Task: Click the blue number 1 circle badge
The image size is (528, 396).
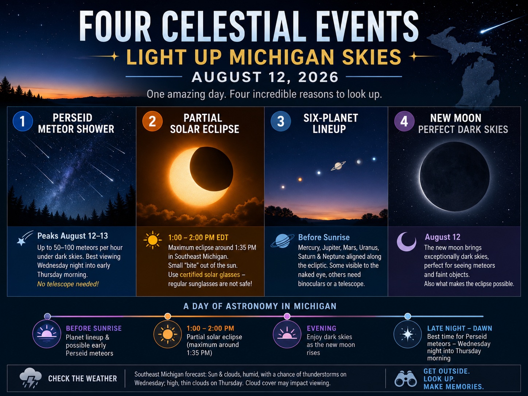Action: pos(23,121)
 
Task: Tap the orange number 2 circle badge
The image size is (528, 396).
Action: pos(152,121)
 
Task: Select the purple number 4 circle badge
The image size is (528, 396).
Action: pos(404,121)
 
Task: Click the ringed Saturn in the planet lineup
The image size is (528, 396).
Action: pos(338,166)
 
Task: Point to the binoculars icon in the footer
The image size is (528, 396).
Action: pos(405,379)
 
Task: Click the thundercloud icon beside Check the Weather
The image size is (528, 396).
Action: pos(30,378)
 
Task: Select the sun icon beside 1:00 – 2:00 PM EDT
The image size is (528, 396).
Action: pos(152,240)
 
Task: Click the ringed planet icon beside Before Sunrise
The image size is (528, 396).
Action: pos(282,241)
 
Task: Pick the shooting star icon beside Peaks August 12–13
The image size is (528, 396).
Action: pos(24,238)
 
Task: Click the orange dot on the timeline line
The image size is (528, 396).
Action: pos(168,316)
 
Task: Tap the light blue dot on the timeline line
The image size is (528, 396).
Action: pos(407,316)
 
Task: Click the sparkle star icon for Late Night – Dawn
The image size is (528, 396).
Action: pos(407,334)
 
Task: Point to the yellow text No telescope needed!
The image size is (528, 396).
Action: pos(68,284)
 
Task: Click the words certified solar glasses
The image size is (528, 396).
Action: pos(210,275)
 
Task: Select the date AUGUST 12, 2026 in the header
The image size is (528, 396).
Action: pos(265,77)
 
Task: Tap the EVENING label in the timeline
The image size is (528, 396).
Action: pos(321,328)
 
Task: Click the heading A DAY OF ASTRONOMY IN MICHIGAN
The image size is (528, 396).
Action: pos(260,306)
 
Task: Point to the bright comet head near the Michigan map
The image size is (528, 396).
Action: pos(482,31)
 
